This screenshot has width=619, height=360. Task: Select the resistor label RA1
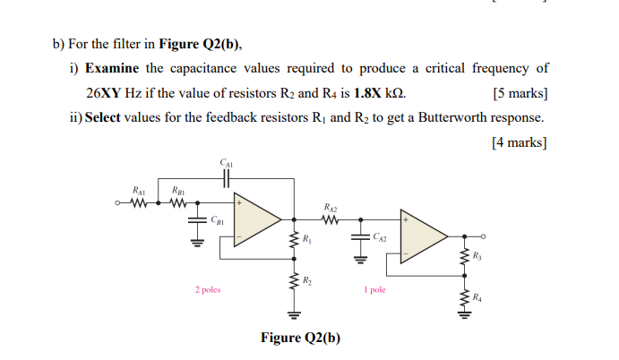pos(139,191)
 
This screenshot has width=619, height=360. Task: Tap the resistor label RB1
pos(177,191)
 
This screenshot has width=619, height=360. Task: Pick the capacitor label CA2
pos(380,239)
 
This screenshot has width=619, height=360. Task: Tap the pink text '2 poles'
pos(208,289)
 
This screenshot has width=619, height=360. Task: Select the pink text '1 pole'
pos(376,289)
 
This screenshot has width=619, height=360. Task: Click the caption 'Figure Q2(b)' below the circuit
pos(300,338)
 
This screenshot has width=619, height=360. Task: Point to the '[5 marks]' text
pos(520,93)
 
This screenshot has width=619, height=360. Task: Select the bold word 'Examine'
pos(113,68)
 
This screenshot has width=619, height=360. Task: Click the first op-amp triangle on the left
pos(254,219)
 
